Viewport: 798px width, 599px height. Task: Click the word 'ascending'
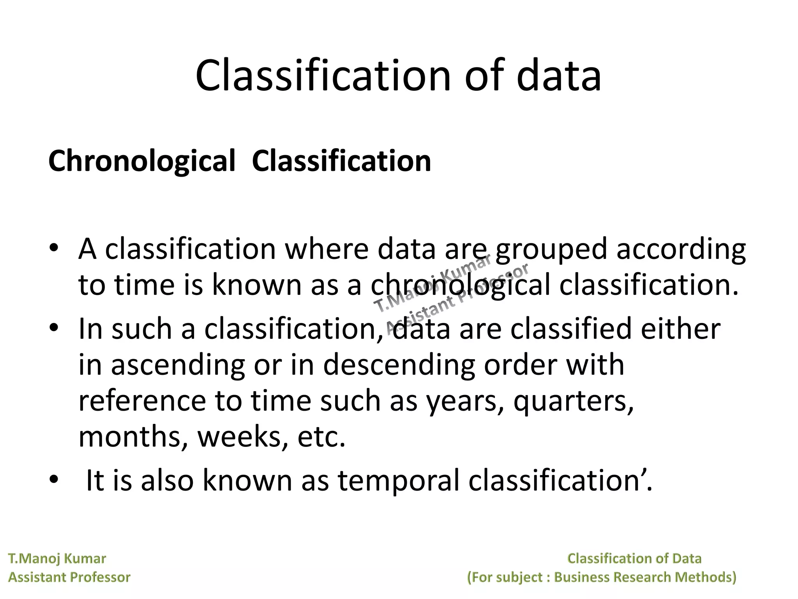click(x=178, y=365)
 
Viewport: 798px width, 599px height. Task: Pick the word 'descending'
click(x=399, y=365)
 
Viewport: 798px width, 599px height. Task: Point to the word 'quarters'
click(x=573, y=401)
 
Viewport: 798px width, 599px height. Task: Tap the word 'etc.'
click(x=321, y=437)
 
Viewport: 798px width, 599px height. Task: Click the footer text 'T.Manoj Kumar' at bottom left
click(x=57, y=558)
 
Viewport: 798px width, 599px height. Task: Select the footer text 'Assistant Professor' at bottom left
click(x=69, y=577)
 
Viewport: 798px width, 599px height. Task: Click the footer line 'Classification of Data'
click(x=634, y=558)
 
